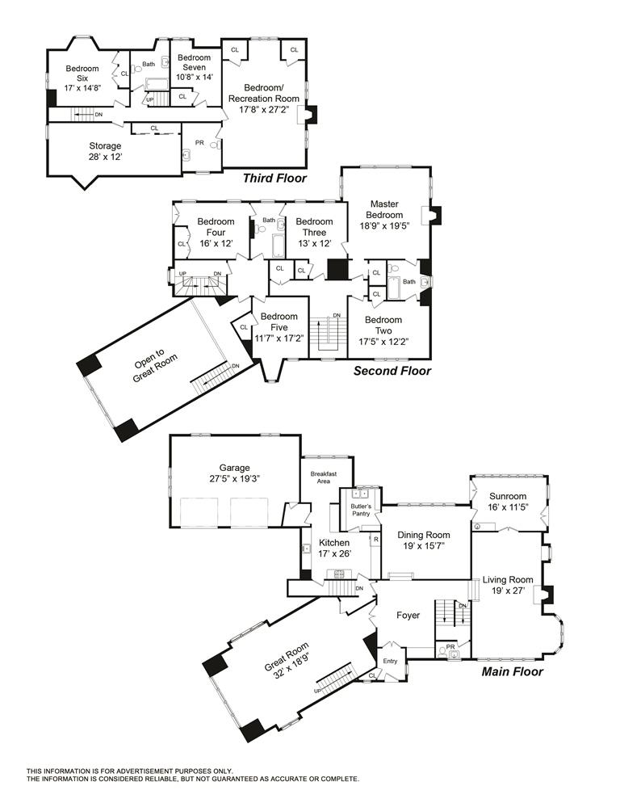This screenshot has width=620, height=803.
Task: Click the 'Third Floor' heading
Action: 274,178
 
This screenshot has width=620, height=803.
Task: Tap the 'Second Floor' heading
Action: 392,371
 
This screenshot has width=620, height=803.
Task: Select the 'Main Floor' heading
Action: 512,671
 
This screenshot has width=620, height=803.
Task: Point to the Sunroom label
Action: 507,496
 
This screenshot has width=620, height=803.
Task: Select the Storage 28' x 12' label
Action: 105,151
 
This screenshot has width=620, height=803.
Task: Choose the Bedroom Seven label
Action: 194,63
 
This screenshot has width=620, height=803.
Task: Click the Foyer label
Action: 408,615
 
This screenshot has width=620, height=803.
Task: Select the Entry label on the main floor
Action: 391,661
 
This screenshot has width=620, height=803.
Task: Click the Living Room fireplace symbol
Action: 547,595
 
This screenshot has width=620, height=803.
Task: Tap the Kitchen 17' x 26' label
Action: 333,549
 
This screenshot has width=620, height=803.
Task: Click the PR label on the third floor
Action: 199,143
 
